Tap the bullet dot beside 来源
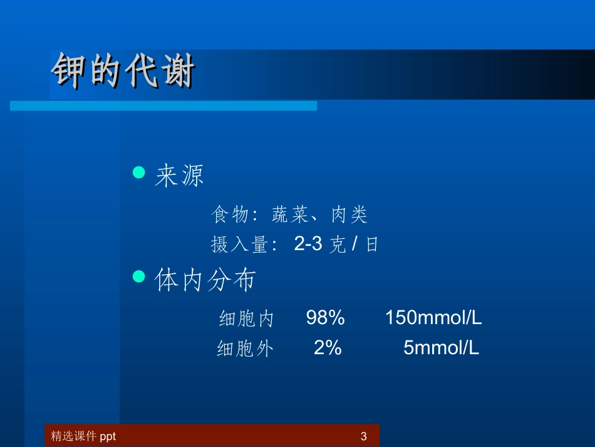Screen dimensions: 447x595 [x=140, y=172]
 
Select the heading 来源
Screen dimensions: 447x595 [x=180, y=177]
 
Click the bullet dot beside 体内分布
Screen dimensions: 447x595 [x=140, y=276]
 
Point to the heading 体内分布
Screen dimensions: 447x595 [x=205, y=280]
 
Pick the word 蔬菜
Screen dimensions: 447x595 [x=290, y=216]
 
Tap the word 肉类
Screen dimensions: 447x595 [x=349, y=216]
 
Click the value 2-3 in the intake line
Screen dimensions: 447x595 [x=308, y=245]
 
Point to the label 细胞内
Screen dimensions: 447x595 [x=246, y=319]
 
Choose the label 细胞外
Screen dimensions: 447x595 [x=245, y=349]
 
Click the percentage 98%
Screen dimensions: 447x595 [x=326, y=318]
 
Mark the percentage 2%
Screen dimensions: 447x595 [x=328, y=348]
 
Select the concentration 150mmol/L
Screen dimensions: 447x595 [x=433, y=318]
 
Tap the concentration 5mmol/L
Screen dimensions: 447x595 [x=441, y=348]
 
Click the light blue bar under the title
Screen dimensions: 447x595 [x=163, y=106]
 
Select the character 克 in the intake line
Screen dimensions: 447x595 [x=338, y=245]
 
